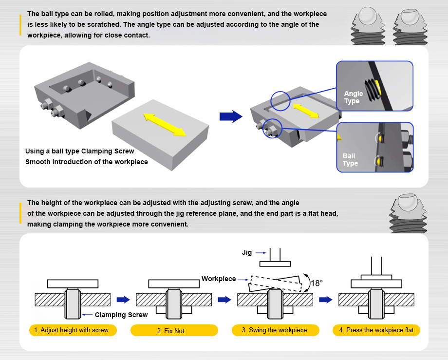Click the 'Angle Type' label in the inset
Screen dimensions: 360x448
[x=353, y=97]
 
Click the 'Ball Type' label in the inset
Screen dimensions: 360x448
[x=350, y=160]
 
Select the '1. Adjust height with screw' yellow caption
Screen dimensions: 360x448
[x=75, y=330]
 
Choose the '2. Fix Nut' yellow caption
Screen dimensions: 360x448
[x=173, y=331]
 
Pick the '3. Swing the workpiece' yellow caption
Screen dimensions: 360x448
[x=275, y=330]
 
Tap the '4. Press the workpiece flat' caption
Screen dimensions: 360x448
[x=376, y=330]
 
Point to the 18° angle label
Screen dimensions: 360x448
[x=317, y=283]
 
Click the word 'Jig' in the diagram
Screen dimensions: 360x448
[x=247, y=253]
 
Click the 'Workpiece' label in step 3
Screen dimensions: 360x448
[x=218, y=279]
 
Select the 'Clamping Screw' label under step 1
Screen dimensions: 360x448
[x=121, y=315]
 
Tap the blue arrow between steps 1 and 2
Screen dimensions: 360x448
[x=124, y=300]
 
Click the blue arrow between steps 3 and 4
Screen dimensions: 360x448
[x=325, y=300]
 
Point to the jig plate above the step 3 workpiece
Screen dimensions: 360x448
[x=276, y=264]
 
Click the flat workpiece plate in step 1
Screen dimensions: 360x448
[x=73, y=284]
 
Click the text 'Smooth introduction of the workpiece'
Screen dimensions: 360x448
[x=87, y=162]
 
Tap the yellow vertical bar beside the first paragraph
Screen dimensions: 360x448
[x=20, y=25]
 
